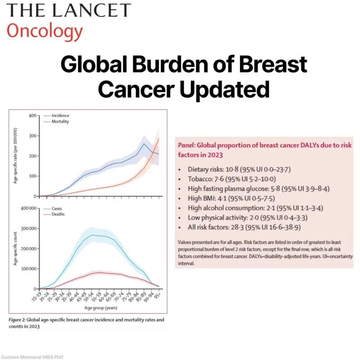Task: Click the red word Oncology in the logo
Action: pyautogui.click(x=45, y=31)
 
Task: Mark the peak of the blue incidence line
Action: pyautogui.click(x=144, y=144)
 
